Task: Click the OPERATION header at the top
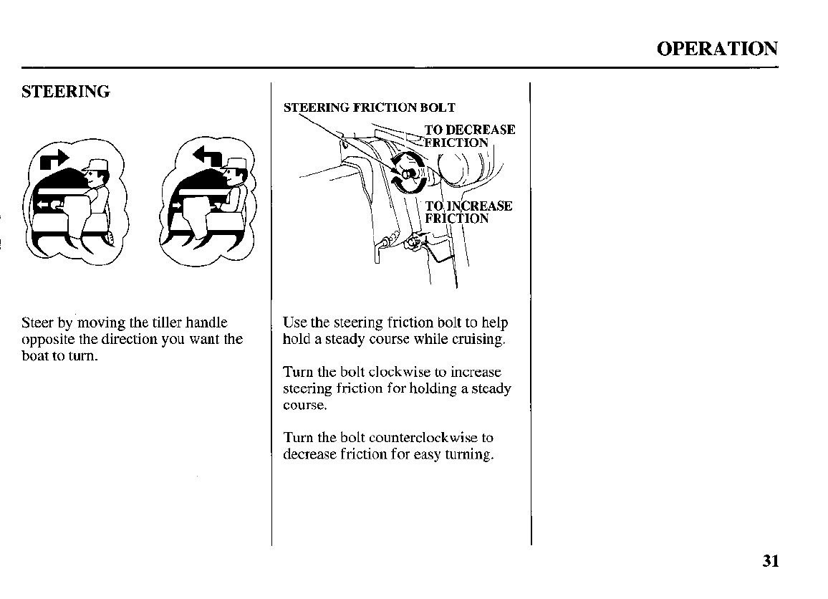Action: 716,49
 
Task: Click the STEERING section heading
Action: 66,92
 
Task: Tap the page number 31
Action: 770,560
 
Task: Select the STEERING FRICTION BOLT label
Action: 369,108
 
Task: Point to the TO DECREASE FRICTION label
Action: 469,135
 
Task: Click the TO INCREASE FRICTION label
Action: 468,212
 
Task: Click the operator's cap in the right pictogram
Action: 233,168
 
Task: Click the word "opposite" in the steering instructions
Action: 44,340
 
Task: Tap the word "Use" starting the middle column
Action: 294,322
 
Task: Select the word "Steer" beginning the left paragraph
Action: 37,323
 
